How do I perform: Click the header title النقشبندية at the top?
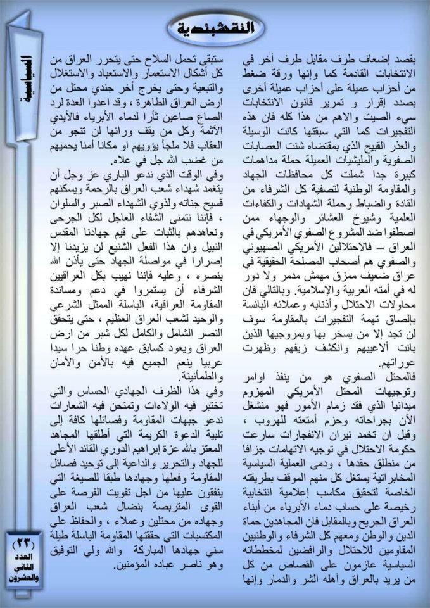(215, 29)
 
